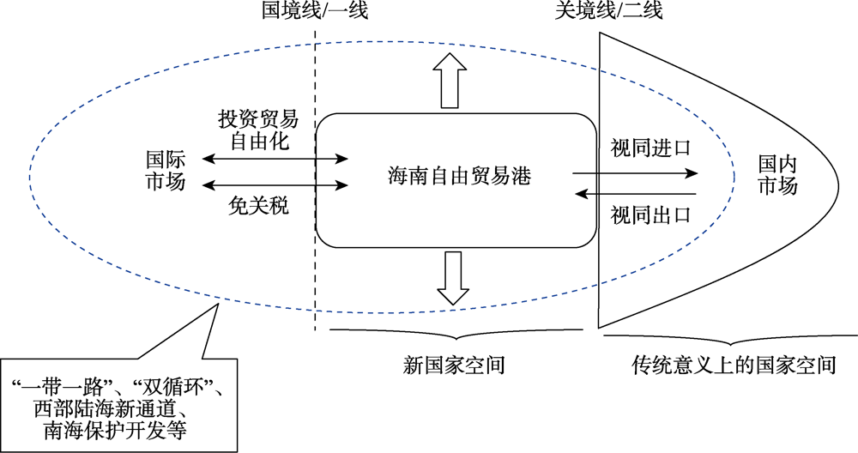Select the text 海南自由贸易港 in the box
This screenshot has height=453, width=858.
click(x=458, y=178)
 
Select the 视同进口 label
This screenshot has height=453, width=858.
click(x=650, y=147)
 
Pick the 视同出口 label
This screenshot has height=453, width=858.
click(x=650, y=214)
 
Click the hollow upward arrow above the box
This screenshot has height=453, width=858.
click(x=447, y=79)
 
